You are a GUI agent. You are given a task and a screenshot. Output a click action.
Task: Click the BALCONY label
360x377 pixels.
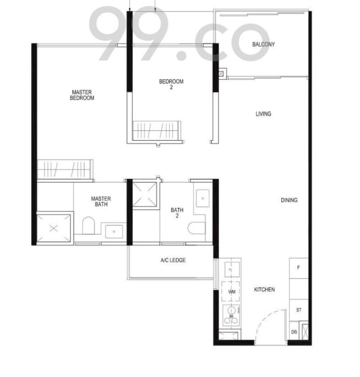(x=263, y=44)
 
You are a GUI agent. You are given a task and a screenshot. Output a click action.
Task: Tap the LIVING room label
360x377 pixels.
(x=263, y=114)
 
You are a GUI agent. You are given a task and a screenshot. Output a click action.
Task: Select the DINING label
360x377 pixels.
(x=289, y=200)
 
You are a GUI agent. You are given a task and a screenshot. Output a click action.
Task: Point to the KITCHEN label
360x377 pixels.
(x=264, y=289)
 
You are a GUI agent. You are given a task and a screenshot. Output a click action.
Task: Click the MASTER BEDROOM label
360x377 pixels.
(x=82, y=95)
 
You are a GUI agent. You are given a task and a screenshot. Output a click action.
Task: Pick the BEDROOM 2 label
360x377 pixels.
(x=171, y=84)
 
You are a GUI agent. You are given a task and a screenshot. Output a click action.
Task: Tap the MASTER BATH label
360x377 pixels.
(x=101, y=201)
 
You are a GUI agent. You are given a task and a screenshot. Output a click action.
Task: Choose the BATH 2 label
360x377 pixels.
(x=177, y=213)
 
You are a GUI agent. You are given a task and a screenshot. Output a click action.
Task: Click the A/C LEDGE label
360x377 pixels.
(x=173, y=260)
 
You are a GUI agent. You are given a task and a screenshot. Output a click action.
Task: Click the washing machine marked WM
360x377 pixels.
(x=232, y=292)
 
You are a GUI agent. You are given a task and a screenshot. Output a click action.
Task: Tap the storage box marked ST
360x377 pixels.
(x=298, y=310)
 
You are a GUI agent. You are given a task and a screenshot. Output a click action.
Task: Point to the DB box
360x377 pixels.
(x=294, y=332)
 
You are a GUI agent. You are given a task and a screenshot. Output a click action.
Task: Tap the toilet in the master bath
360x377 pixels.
(x=89, y=226)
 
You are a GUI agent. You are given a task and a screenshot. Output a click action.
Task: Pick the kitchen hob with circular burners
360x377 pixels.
(x=231, y=313)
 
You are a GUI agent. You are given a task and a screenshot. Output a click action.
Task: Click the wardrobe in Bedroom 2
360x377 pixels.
(x=156, y=130)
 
